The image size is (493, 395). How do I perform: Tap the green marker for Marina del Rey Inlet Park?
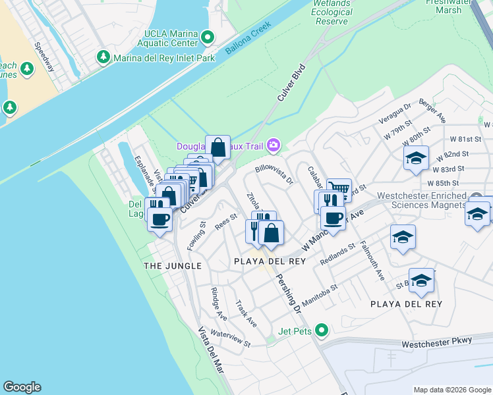(103, 57)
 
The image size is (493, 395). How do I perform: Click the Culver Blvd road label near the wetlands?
(291, 82)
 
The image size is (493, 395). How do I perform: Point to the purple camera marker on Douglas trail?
(275, 145)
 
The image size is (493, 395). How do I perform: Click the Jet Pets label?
(295, 331)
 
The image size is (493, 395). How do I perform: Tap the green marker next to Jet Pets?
(322, 330)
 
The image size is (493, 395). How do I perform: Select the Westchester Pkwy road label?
(437, 342)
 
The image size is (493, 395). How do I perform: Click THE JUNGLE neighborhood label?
(173, 265)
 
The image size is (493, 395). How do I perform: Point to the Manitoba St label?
(320, 291)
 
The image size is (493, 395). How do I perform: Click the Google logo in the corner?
(22, 387)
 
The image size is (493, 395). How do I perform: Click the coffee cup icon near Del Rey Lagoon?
(159, 219)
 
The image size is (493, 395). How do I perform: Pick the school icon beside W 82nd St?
(416, 158)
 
